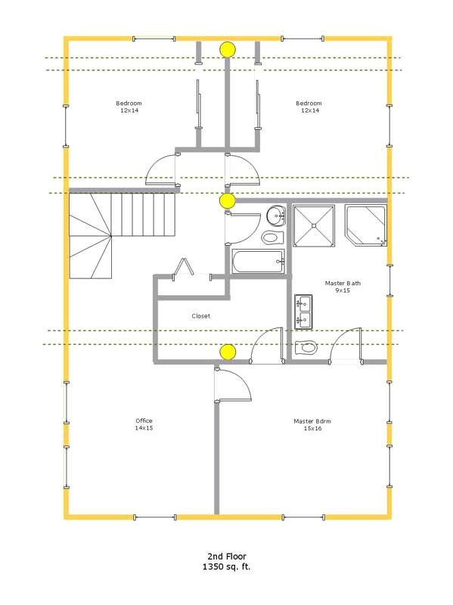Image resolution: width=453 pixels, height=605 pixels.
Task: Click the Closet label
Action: [x=200, y=316]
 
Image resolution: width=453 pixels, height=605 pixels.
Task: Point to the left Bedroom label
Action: [x=129, y=107]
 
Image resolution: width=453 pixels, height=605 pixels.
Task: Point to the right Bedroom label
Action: [x=309, y=107]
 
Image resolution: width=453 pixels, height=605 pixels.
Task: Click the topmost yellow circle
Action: [x=227, y=50]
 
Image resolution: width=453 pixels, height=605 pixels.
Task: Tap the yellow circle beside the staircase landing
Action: [x=227, y=200]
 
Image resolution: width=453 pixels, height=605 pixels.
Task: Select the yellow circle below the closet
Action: [x=227, y=352]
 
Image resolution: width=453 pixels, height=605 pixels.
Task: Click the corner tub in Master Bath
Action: [x=365, y=225]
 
